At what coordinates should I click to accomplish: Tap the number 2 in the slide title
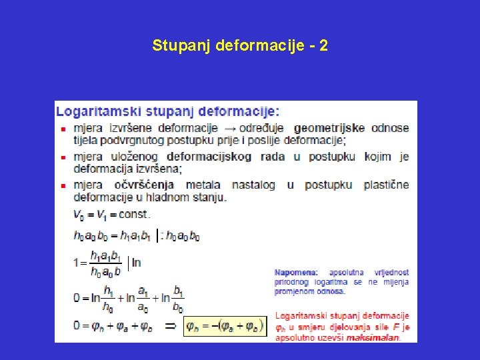click(x=323, y=46)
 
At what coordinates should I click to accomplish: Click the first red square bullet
click(x=63, y=129)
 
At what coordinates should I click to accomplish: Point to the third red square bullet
click(x=63, y=186)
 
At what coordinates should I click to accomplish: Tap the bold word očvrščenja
click(x=145, y=185)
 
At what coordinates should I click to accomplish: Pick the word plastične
click(x=387, y=185)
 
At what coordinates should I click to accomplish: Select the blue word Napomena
click(x=295, y=272)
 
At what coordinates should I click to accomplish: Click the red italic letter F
click(x=396, y=327)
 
